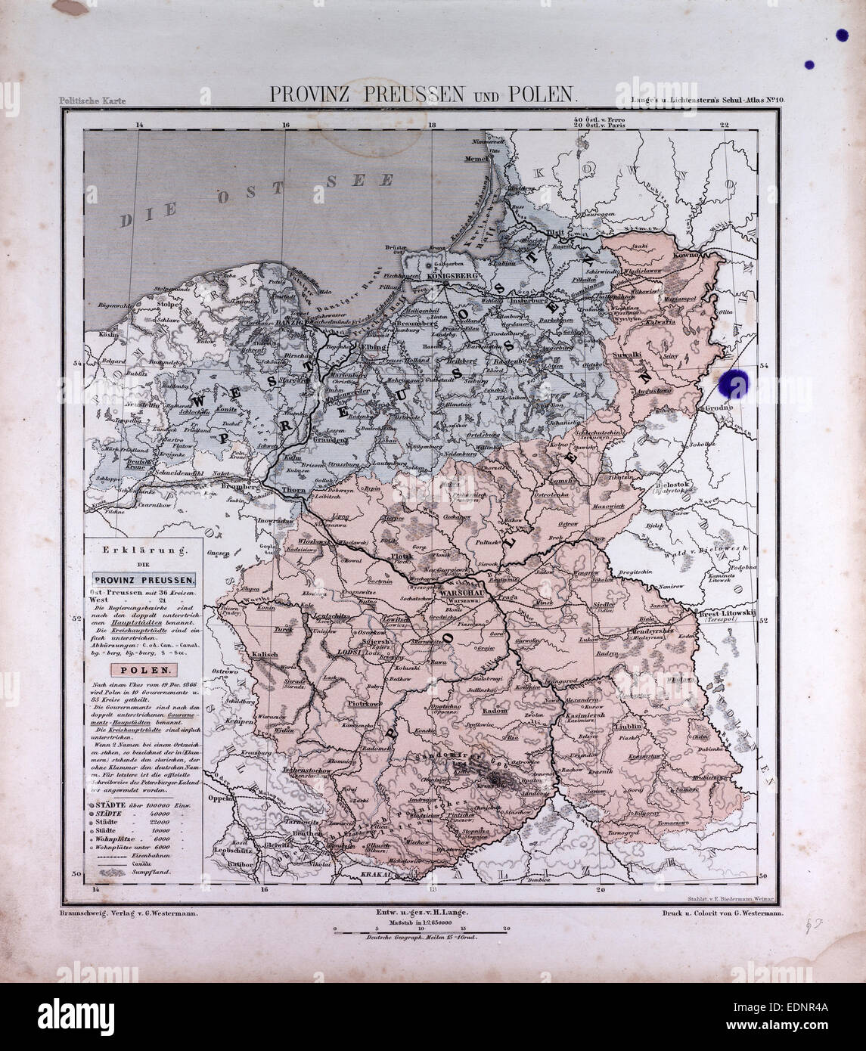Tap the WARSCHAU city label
tap(454, 594)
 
